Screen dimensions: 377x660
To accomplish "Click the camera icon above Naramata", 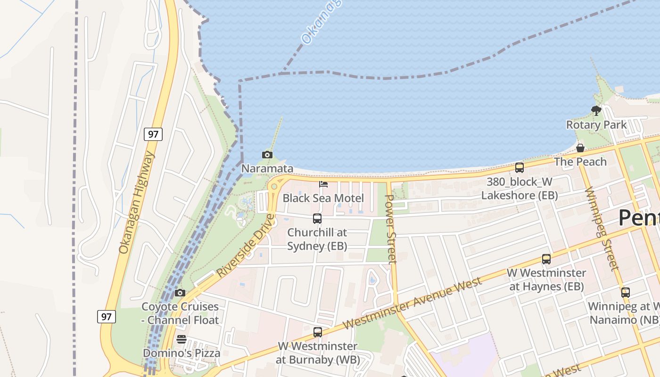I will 267,155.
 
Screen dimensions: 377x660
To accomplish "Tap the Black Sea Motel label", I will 323,198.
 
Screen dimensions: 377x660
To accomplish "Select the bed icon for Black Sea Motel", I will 323,184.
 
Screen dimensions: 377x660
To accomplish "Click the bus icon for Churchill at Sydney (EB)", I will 317,219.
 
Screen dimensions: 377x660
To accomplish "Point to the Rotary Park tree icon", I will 596,111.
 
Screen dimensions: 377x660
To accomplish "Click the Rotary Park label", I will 596,125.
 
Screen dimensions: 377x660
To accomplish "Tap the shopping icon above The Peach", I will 580,148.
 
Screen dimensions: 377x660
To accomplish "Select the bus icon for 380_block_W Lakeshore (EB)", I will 520,168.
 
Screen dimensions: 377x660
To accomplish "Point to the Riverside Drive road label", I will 246,245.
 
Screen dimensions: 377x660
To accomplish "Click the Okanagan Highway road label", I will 136,203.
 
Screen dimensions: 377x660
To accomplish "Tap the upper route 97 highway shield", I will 153,134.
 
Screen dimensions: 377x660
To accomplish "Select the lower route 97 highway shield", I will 107,316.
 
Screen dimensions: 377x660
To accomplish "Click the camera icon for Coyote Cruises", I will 180,293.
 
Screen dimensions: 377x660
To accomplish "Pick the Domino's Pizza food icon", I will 181,339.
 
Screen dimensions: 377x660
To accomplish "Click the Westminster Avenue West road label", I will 412,303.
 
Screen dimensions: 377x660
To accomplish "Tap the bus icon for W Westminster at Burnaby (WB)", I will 318,332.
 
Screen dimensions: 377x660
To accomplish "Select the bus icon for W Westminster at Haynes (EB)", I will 546,259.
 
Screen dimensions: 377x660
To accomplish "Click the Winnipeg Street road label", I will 602,229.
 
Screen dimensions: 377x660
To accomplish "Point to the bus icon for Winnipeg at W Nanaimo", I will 626,293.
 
